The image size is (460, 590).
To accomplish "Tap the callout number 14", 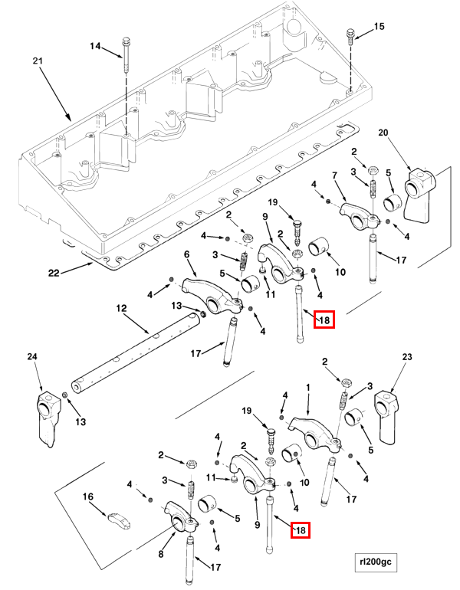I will coord(95,46).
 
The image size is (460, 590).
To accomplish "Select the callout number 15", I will coord(379,27).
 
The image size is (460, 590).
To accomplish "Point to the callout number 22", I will coord(53,272).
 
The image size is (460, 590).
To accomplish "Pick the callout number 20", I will coord(383,133).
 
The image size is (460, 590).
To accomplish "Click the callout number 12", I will coord(120,307).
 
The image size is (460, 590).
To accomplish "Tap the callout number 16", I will coord(88,497).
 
